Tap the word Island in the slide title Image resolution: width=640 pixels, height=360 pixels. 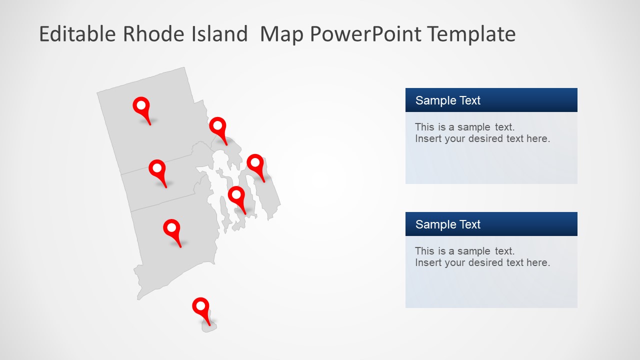coord(219,34)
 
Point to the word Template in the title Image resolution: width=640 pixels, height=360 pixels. coord(471,34)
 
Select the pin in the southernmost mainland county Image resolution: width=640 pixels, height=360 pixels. coord(171,228)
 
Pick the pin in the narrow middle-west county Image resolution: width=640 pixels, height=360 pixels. coord(157,168)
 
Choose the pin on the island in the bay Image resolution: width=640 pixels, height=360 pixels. coord(236,195)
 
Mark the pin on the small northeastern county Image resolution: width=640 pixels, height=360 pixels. coord(217,126)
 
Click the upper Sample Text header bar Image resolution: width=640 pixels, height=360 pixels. coord(491,100)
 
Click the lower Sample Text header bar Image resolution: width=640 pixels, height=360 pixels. coord(491,224)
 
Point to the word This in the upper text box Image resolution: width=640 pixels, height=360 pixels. coord(424,127)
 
